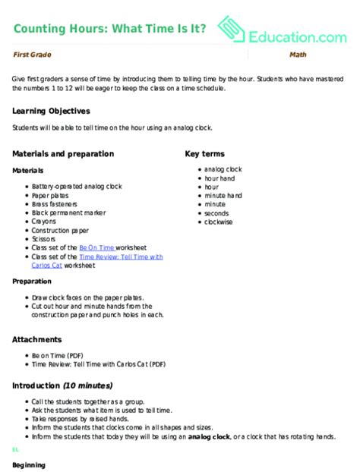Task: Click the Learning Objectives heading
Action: click(x=51, y=111)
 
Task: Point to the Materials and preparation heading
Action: click(x=62, y=154)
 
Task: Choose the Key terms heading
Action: click(x=206, y=154)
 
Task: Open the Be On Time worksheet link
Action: click(x=96, y=247)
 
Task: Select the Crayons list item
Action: click(x=45, y=221)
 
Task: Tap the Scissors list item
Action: click(x=45, y=238)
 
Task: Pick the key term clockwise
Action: click(x=219, y=221)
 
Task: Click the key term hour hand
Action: click(x=219, y=178)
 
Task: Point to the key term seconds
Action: click(x=217, y=212)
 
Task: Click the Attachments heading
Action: click(x=37, y=339)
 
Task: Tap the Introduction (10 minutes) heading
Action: click(x=62, y=385)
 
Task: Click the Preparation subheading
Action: click(x=32, y=281)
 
